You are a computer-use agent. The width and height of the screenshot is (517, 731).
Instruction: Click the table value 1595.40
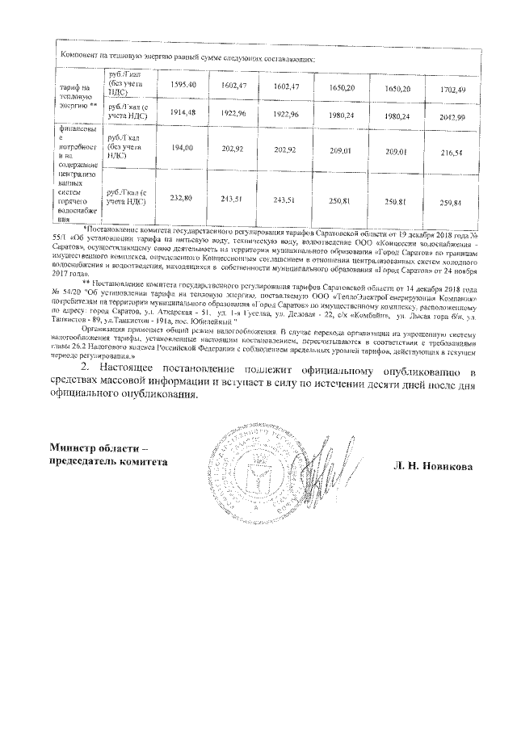183,85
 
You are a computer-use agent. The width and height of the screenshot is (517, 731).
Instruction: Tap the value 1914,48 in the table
183,112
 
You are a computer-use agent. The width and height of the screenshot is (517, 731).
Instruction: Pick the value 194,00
183,149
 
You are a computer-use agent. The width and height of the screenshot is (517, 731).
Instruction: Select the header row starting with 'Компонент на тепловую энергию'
186,57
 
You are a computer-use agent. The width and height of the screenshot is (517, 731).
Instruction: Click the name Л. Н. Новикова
432,467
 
